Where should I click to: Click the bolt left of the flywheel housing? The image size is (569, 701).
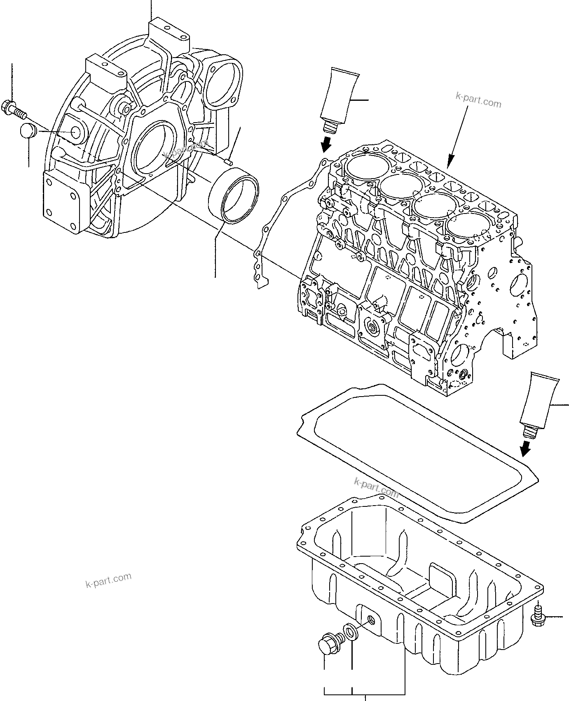pyautogui.click(x=14, y=109)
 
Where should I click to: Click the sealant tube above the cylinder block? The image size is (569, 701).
pyautogui.click(x=340, y=99)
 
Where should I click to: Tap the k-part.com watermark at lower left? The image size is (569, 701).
pyautogui.click(x=109, y=580)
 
